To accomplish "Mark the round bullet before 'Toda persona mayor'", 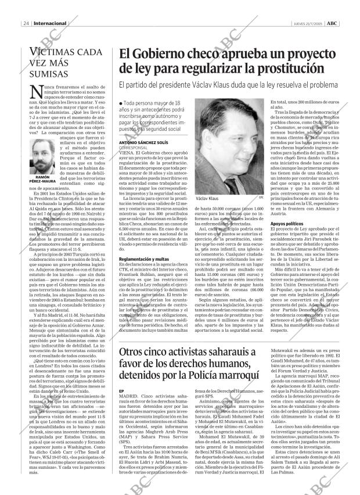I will click(x=121, y=102).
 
